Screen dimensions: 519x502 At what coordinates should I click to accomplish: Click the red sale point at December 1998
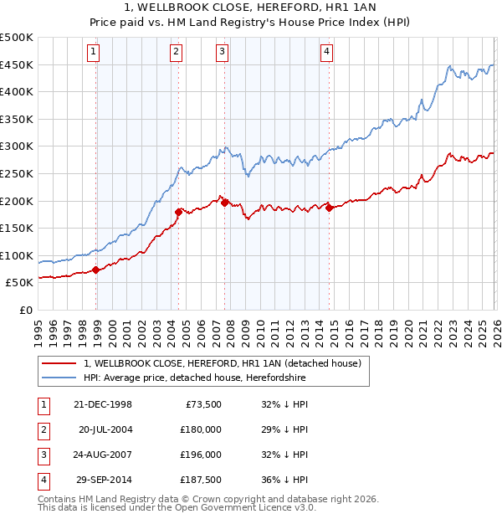pos(96,270)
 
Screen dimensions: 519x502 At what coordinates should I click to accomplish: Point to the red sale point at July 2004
pos(178,212)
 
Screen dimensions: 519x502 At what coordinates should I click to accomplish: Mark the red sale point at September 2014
pos(329,208)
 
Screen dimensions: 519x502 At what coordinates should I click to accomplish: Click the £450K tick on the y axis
pos(17,65)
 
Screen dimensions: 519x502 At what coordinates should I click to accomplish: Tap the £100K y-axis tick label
pos(17,255)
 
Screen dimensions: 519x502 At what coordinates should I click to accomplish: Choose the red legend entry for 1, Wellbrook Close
pos(222,363)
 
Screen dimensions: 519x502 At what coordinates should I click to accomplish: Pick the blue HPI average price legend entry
pos(194,378)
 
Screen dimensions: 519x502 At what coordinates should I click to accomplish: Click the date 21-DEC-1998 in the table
pos(103,403)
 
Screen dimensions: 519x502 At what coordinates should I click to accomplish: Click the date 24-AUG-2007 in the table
pos(103,455)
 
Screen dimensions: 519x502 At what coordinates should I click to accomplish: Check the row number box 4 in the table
pos(43,480)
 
